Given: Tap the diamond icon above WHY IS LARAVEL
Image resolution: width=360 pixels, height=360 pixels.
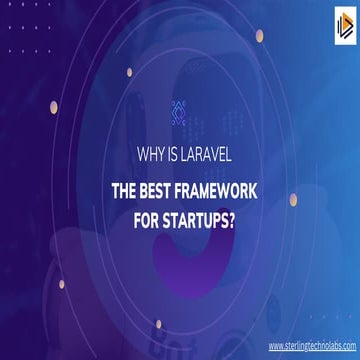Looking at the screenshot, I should (179, 111).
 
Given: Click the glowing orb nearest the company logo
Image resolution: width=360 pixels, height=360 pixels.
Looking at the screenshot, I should (259, 35).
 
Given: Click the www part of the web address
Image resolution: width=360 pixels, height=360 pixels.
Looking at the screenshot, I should (275, 345).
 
